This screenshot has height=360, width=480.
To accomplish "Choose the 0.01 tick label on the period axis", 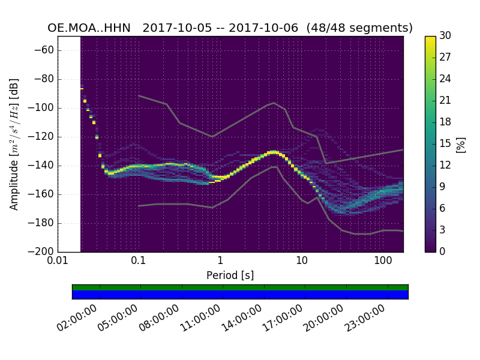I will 58,261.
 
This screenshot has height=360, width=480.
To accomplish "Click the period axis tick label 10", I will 302,261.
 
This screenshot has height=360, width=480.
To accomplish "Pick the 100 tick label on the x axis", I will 383,261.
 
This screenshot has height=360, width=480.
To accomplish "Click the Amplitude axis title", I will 14,144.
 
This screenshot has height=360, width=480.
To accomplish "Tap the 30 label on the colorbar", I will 445,36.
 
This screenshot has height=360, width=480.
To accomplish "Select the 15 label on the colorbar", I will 445,144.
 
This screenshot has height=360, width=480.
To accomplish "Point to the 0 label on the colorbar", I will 443,251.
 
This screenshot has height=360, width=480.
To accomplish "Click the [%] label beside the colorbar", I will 461,144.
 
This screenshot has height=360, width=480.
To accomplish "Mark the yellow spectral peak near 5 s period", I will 273,152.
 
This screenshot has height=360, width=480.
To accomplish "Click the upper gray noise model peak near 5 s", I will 274,103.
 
